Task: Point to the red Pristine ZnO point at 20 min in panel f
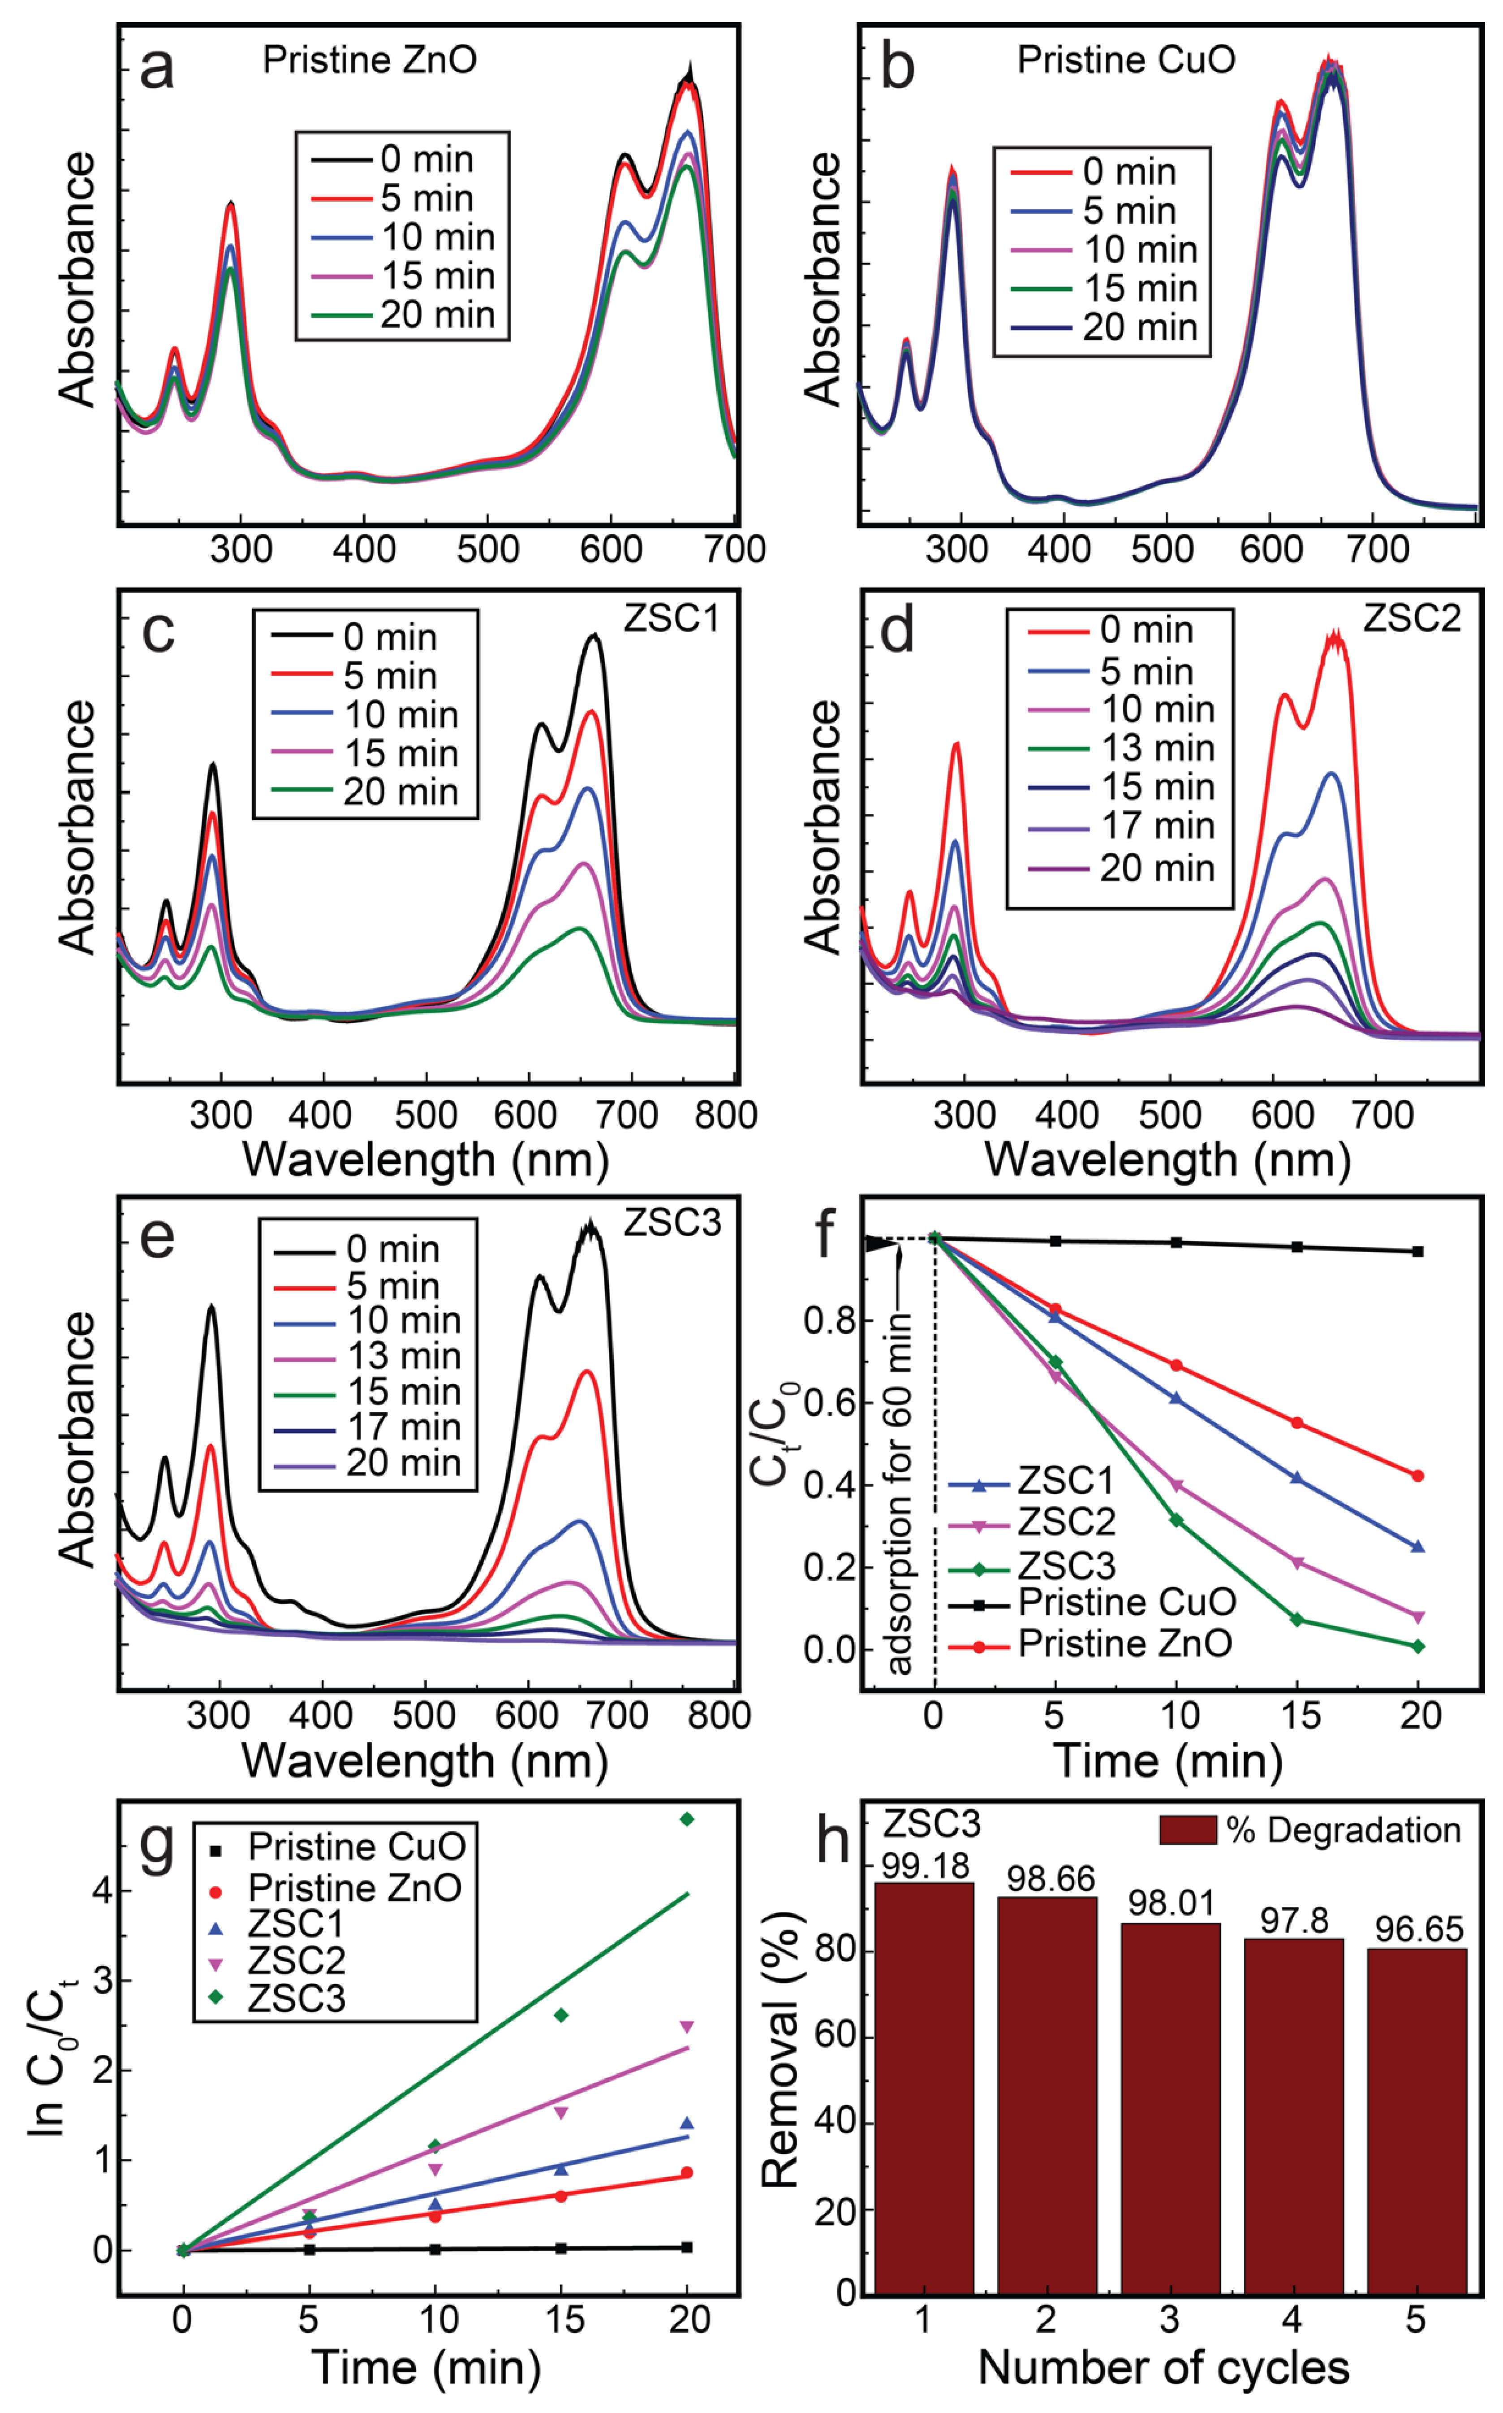pyautogui.click(x=1417, y=1475)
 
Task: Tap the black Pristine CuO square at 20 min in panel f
pyautogui.click(x=1417, y=1251)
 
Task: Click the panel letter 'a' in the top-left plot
pyautogui.click(x=157, y=69)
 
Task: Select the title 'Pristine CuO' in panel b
pyautogui.click(x=1126, y=61)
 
